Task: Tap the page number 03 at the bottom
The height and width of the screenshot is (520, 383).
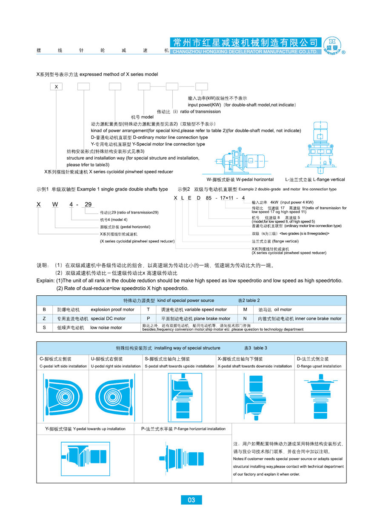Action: [191, 500]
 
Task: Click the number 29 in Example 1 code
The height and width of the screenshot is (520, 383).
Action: [88, 204]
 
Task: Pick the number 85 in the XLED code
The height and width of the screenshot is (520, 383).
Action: [208, 198]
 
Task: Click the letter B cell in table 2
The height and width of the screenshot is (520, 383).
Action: [44, 310]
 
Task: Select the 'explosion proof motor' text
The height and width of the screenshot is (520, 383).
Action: [112, 310]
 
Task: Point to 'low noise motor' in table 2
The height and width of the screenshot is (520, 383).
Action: [106, 328]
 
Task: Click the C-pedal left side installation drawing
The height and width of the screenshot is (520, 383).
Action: [62, 395]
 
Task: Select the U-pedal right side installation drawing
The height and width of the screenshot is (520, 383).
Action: [114, 395]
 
